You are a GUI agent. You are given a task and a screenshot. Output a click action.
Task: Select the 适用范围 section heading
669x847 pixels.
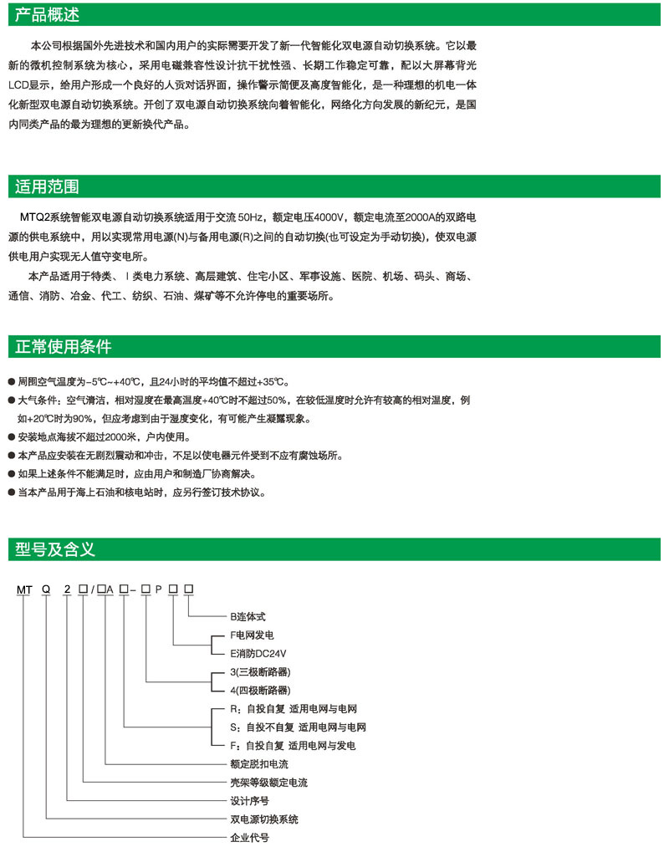pos(48,185)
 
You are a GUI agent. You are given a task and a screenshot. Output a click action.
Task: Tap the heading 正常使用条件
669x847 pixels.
pos(64,346)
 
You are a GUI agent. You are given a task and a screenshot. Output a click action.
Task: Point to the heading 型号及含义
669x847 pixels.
pos(55,549)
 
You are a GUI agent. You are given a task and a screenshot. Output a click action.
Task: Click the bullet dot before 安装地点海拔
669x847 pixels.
pos(11,438)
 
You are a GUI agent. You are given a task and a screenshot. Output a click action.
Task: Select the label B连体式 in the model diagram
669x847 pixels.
pos(248,616)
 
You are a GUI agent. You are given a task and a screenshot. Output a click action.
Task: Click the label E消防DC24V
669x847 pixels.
pos(264,654)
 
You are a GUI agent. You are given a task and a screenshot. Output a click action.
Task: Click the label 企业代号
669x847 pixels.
pos(249,837)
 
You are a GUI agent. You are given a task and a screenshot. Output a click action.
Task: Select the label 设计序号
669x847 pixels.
pos(249,800)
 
